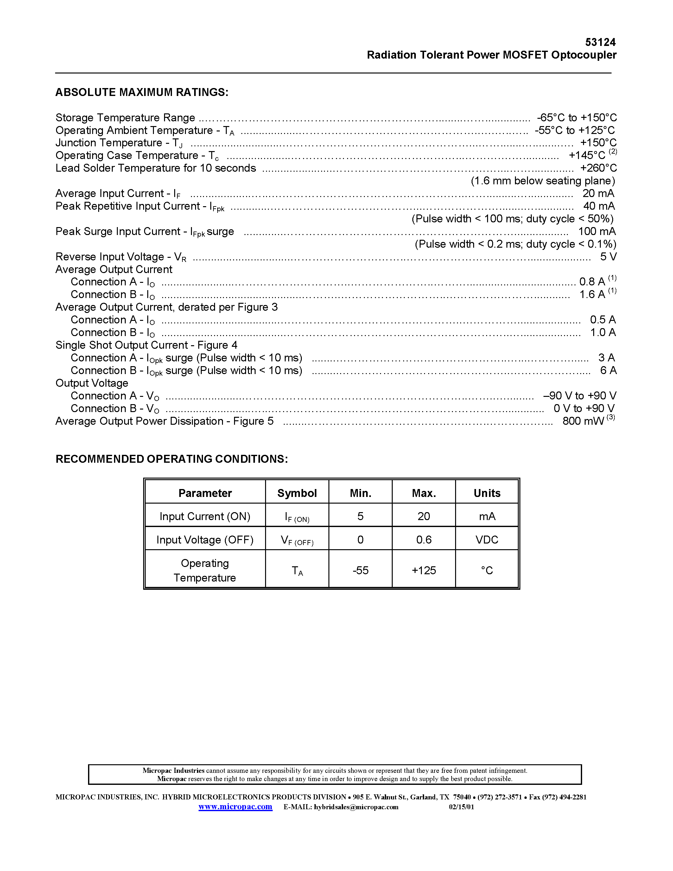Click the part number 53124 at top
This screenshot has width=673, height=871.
600,42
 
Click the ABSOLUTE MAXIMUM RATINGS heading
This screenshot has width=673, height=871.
142,92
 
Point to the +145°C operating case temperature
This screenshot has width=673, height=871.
587,155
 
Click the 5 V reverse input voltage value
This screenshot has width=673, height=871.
608,257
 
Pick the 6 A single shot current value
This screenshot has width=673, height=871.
608,371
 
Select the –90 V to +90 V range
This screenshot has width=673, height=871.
579,396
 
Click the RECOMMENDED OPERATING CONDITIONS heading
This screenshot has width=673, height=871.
171,459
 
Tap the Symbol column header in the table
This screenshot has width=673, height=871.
297,493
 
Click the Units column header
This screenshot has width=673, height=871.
487,493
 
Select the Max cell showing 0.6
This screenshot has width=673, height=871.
424,540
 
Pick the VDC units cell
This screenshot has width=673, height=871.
487,540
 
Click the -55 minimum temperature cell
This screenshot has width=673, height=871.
360,570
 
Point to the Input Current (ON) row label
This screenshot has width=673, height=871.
205,517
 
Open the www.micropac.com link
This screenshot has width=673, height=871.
235,807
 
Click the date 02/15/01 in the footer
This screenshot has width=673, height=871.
461,807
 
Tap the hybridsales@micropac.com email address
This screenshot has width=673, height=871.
356,807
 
